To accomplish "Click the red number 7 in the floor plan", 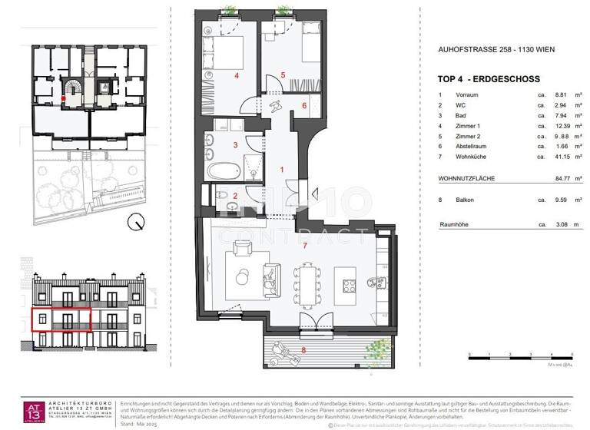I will point(305,245).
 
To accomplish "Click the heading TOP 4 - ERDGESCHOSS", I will point(488,79).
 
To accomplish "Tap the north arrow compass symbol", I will point(136,223).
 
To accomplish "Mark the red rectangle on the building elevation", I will point(61,319).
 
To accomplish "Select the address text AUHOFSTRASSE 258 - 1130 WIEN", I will point(496,50).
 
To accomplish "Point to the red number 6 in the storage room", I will point(303,105).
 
